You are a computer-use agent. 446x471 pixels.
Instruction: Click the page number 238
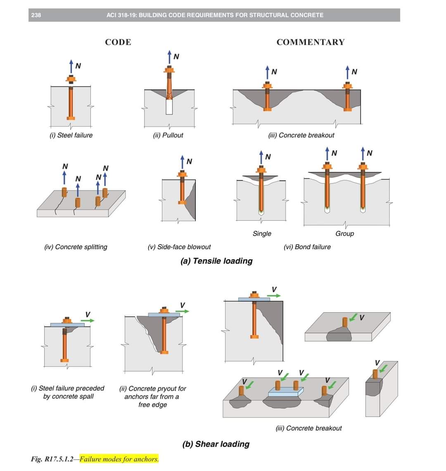click(36, 15)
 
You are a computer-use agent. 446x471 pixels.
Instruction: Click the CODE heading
click(118, 42)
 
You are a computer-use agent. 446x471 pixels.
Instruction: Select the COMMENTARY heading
click(310, 42)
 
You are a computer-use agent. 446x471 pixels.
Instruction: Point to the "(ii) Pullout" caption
click(168, 135)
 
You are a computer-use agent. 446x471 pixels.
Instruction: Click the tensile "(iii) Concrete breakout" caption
click(301, 135)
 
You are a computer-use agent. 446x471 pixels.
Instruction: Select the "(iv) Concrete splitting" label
click(76, 247)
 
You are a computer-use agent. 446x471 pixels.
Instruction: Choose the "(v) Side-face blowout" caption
click(179, 247)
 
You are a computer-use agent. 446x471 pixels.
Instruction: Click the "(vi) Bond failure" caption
click(307, 247)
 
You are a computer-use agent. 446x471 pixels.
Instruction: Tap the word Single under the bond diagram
click(262, 233)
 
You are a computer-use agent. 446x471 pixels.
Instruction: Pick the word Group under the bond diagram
click(345, 233)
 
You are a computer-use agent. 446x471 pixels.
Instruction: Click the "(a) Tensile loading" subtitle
click(217, 261)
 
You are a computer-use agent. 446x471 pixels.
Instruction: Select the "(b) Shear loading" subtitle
click(216, 444)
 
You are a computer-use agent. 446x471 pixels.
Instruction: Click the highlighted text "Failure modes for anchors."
click(119, 459)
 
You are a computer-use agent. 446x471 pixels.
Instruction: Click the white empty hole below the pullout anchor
click(169, 107)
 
